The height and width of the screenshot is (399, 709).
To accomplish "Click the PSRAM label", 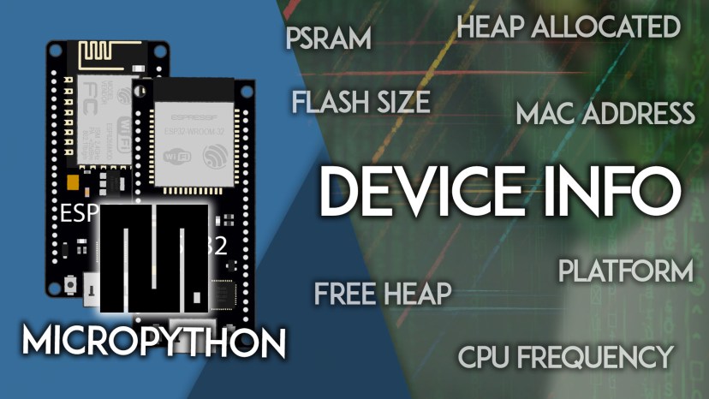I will (328, 39).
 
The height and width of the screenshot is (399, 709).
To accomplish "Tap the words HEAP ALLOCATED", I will (569, 27).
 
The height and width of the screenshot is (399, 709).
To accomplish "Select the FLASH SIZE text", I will (360, 103).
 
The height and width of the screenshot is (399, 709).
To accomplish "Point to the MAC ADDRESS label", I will (605, 113).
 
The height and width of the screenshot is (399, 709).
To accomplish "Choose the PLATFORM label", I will (625, 272).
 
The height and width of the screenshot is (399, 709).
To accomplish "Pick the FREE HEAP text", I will (383, 294).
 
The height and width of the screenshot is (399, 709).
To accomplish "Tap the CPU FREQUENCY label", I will (565, 357).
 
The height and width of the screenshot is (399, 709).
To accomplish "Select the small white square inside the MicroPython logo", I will (200, 297).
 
